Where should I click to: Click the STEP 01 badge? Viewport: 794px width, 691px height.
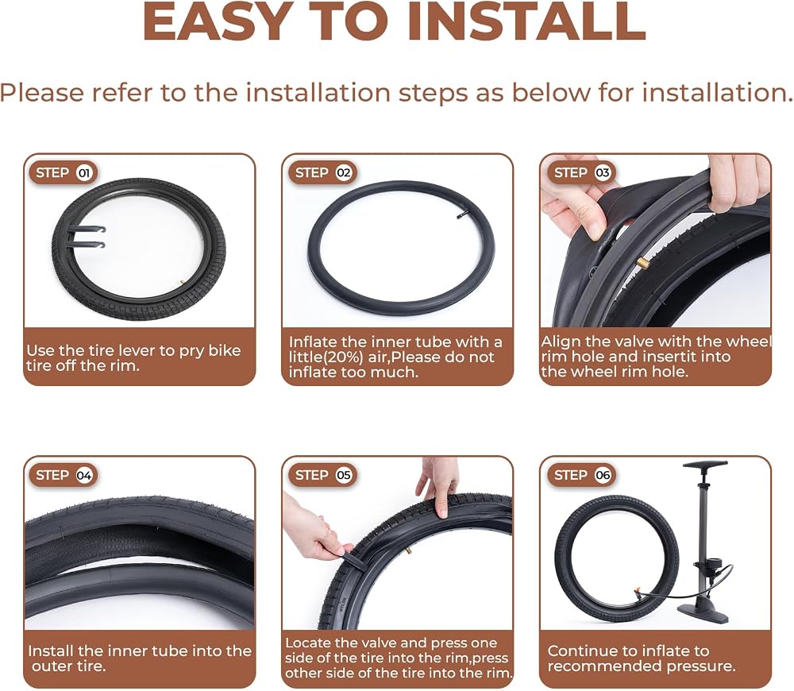(64, 173)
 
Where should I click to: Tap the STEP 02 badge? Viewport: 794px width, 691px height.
(323, 173)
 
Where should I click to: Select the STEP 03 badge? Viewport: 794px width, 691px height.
(582, 173)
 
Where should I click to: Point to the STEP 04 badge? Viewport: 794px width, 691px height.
(64, 475)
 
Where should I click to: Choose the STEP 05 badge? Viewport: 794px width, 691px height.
(323, 475)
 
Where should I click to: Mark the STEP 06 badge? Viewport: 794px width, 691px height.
(582, 475)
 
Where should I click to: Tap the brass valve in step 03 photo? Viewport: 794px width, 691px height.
(643, 262)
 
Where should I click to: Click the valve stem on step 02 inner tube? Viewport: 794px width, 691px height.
(461, 216)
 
